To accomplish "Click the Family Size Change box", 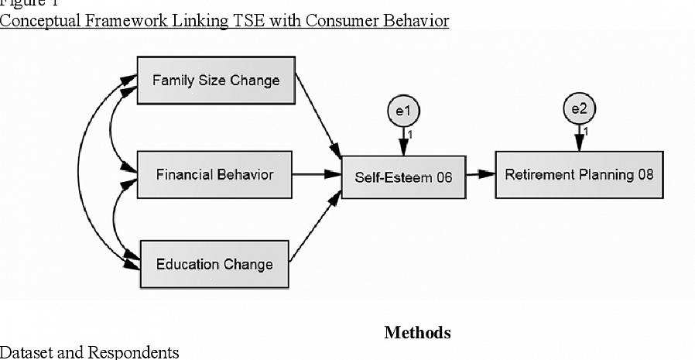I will point(216,81).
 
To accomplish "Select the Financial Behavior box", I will point(214,175).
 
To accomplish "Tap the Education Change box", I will point(214,264).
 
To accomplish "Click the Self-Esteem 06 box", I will point(403,177).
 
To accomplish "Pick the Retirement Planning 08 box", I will point(579,175).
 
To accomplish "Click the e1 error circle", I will point(403,111).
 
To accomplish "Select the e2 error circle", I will point(578,109).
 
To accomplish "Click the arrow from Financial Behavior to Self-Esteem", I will point(317,175).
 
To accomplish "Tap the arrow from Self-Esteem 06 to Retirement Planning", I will point(481,175).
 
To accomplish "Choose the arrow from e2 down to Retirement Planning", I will point(578,139).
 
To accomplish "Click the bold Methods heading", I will point(417,333).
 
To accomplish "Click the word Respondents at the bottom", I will point(133,352).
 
